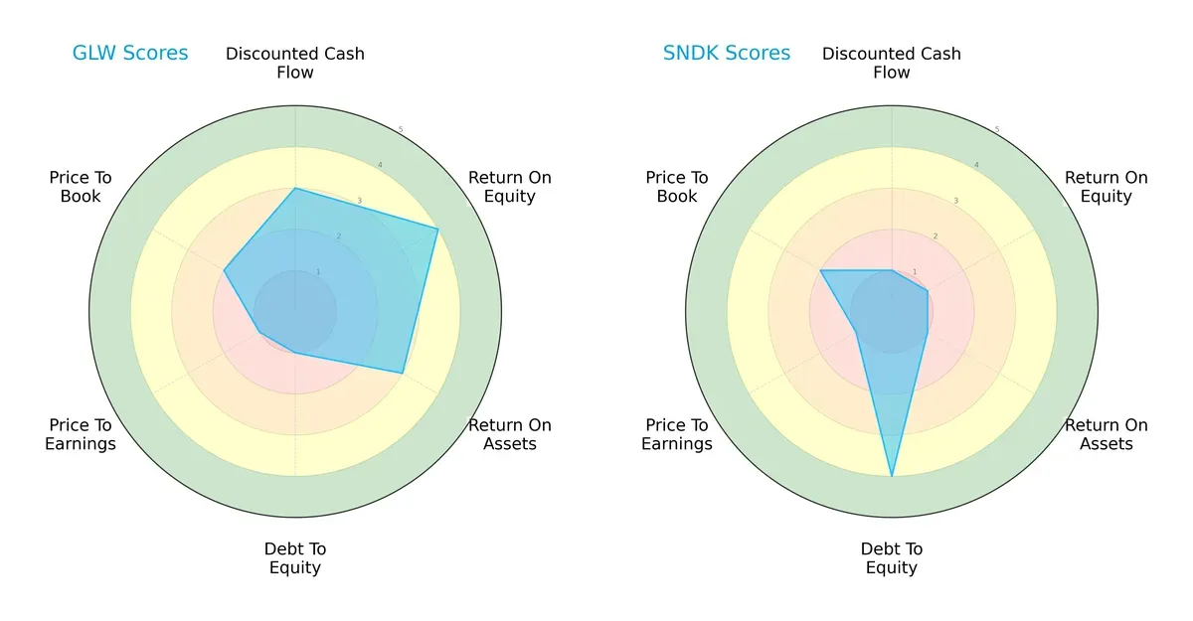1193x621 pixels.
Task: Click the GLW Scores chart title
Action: tap(130, 54)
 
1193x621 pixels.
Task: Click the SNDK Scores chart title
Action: tap(727, 54)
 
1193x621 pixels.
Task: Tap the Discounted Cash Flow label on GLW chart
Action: tap(295, 63)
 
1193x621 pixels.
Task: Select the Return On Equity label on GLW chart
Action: tap(510, 187)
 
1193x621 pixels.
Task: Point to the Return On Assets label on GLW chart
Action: tap(510, 434)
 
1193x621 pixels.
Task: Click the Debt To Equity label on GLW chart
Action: tap(295, 558)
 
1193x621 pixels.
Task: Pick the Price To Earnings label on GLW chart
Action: tap(81, 434)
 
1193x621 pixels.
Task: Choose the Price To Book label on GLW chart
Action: tap(81, 187)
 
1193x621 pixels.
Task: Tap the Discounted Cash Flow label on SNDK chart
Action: tap(892, 63)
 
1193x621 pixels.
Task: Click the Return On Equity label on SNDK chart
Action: tap(1107, 187)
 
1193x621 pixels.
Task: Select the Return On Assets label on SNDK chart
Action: tap(1107, 434)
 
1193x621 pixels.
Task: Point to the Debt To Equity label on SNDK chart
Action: tap(892, 558)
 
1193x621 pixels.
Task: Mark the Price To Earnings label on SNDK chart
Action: tap(677, 434)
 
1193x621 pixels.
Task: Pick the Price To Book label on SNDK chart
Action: tap(677, 187)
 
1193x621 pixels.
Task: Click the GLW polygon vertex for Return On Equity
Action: tap(438, 229)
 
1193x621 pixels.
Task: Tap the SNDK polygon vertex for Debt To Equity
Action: tap(892, 477)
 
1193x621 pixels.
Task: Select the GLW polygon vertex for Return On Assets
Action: tap(403, 374)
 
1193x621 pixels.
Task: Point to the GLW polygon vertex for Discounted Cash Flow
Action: tap(295, 188)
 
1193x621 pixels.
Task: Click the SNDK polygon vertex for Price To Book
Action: tap(820, 270)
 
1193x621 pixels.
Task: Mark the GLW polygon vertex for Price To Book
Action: tap(224, 270)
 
